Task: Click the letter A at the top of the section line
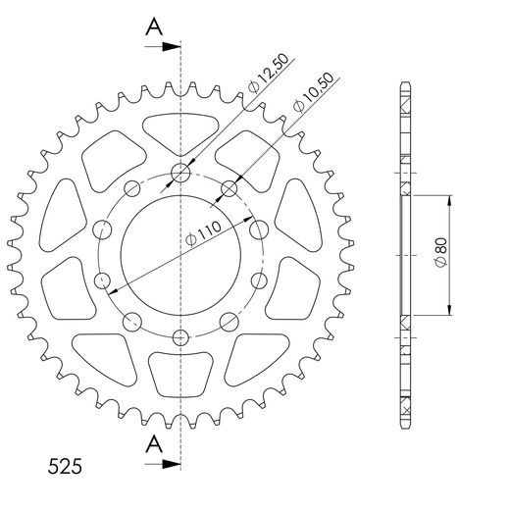tap(153, 26)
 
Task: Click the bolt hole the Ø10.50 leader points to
tap(229, 188)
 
